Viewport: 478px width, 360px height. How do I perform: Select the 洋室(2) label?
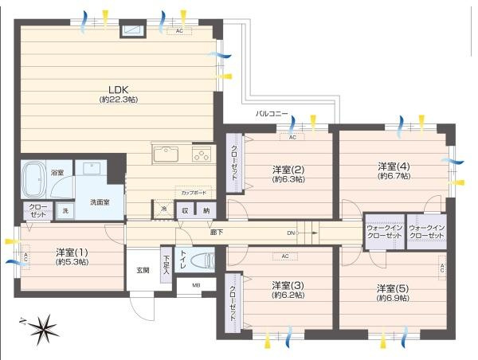pyautogui.click(x=288, y=170)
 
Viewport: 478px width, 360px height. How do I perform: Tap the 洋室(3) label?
pyautogui.click(x=286, y=285)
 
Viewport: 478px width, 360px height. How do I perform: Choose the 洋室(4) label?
pyautogui.click(x=394, y=166)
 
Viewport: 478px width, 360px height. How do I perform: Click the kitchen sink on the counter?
pyautogui.click(x=167, y=154)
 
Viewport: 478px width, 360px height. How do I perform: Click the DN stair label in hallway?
pyautogui.click(x=292, y=233)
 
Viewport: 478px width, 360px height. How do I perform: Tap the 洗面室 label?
pyautogui.click(x=100, y=202)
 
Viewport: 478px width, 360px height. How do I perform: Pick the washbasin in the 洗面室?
pyautogui.click(x=88, y=170)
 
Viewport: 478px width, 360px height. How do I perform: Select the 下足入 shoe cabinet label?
pyautogui.click(x=166, y=263)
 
